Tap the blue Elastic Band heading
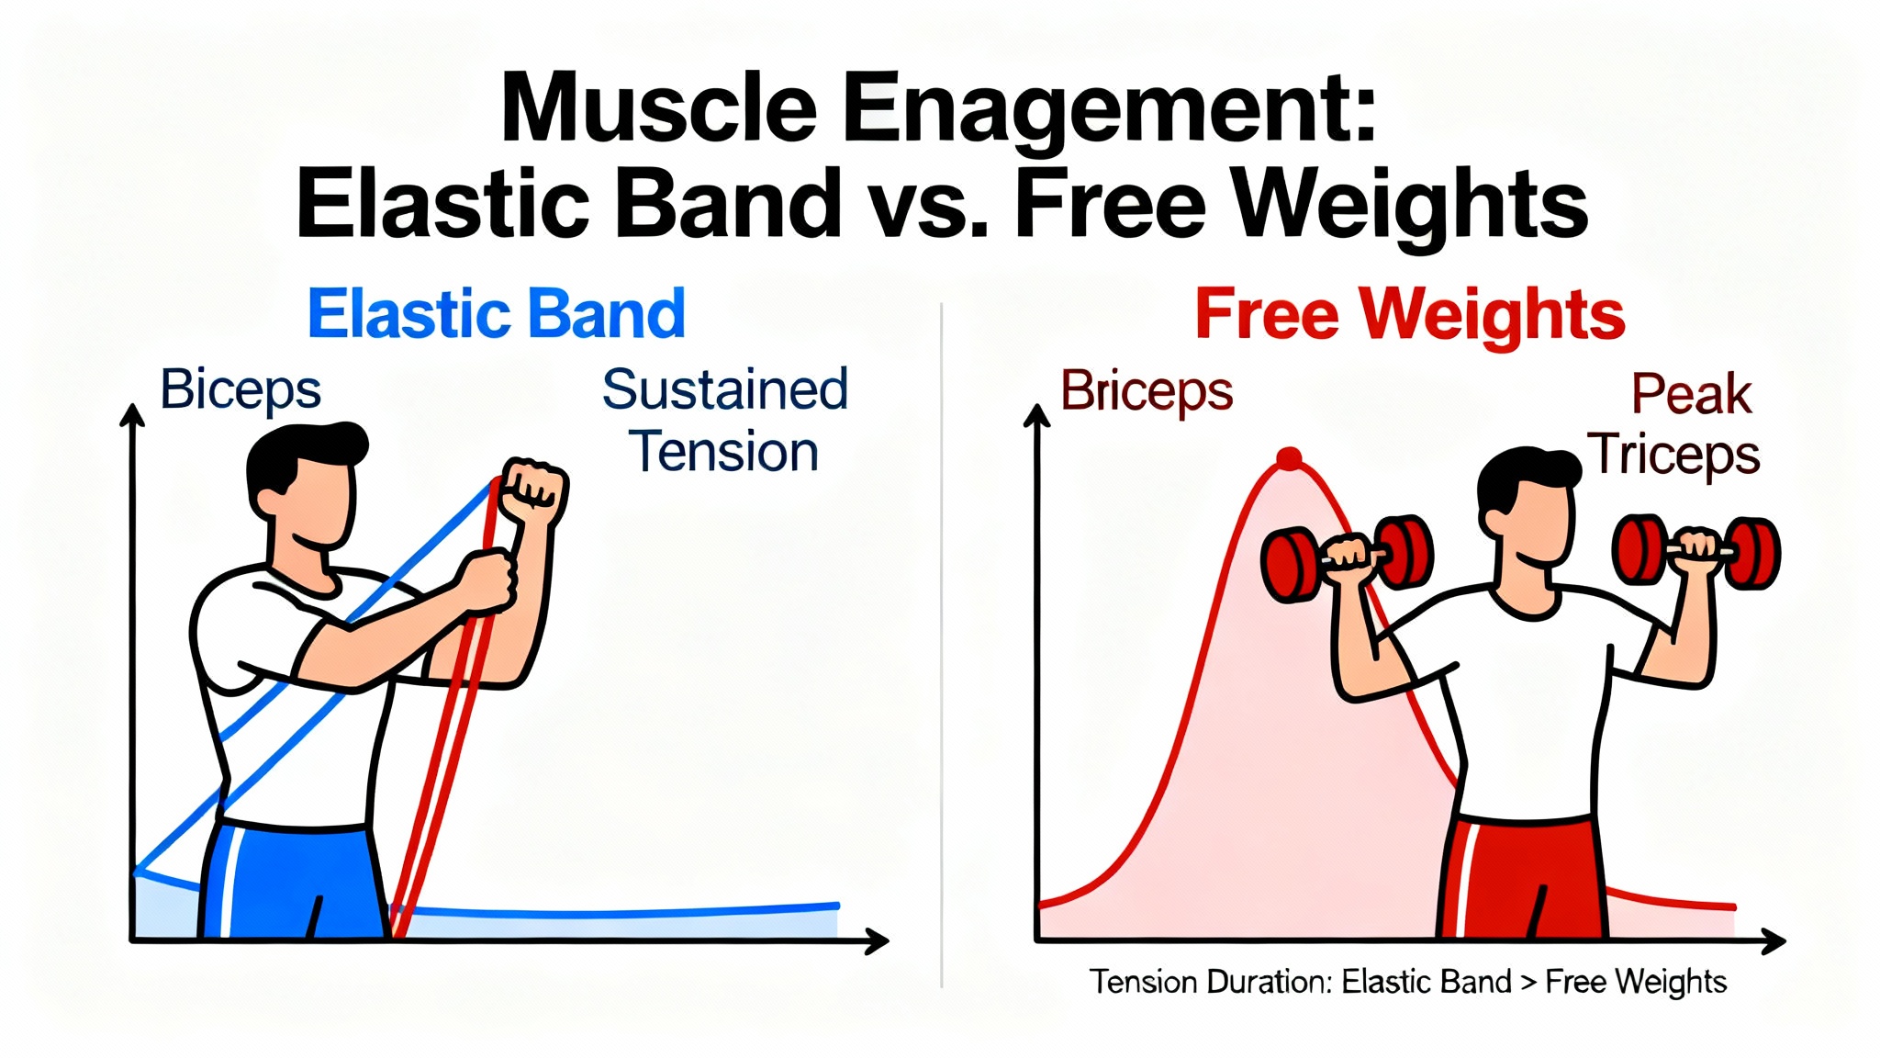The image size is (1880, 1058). [x=497, y=314]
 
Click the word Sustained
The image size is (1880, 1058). [x=725, y=389]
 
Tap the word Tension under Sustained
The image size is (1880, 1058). [x=724, y=452]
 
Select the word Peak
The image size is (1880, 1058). [x=1691, y=395]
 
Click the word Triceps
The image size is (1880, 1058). [x=1674, y=456]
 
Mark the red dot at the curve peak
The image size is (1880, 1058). [x=1290, y=458]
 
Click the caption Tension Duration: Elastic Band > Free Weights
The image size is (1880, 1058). [x=1408, y=982]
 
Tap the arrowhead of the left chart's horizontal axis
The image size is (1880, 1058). [x=877, y=940]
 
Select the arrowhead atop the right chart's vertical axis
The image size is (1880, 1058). [x=1037, y=416]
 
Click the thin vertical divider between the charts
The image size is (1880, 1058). [x=942, y=646]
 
